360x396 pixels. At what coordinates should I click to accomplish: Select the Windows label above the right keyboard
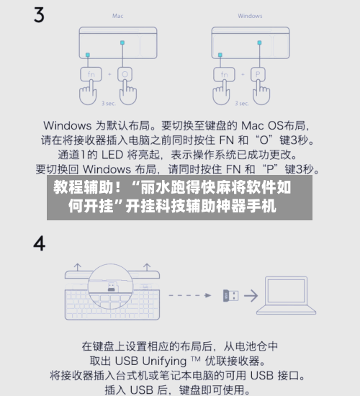click(x=249, y=15)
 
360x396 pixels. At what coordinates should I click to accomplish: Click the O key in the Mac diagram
click(x=124, y=73)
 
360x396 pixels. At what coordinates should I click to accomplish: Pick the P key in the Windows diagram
click(x=257, y=73)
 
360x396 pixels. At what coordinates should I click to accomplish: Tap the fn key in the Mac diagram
click(x=89, y=73)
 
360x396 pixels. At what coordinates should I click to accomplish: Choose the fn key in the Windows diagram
click(x=222, y=73)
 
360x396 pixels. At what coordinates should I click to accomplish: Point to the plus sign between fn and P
click(x=240, y=73)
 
